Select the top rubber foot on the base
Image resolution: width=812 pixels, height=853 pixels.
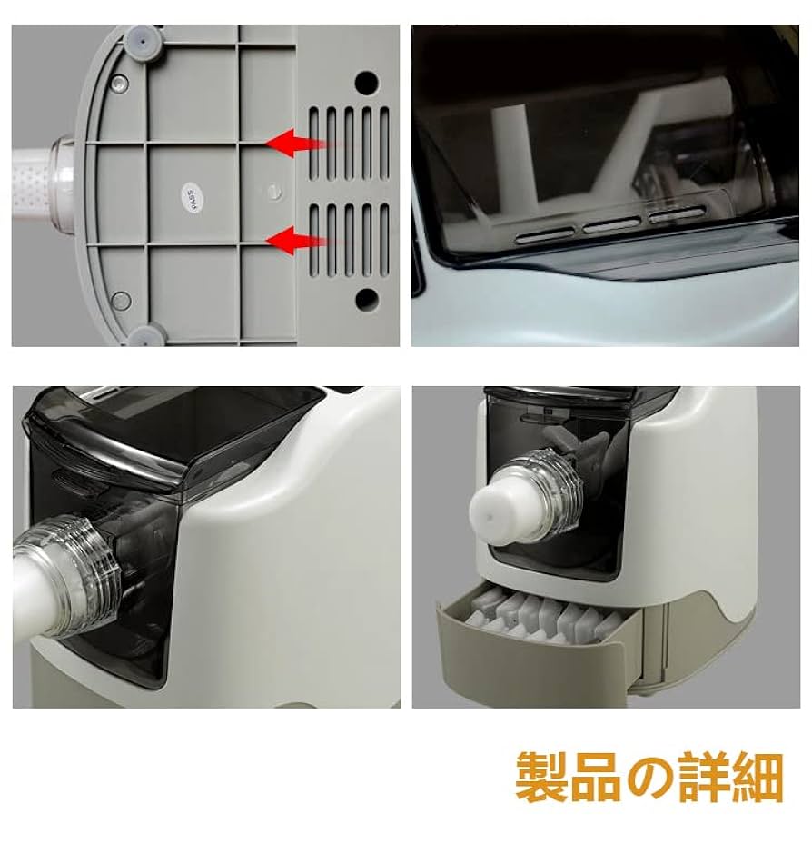pos(139,39)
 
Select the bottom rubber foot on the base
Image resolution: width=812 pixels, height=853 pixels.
pos(142,335)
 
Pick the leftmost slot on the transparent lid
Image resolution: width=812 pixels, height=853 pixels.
pos(540,234)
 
